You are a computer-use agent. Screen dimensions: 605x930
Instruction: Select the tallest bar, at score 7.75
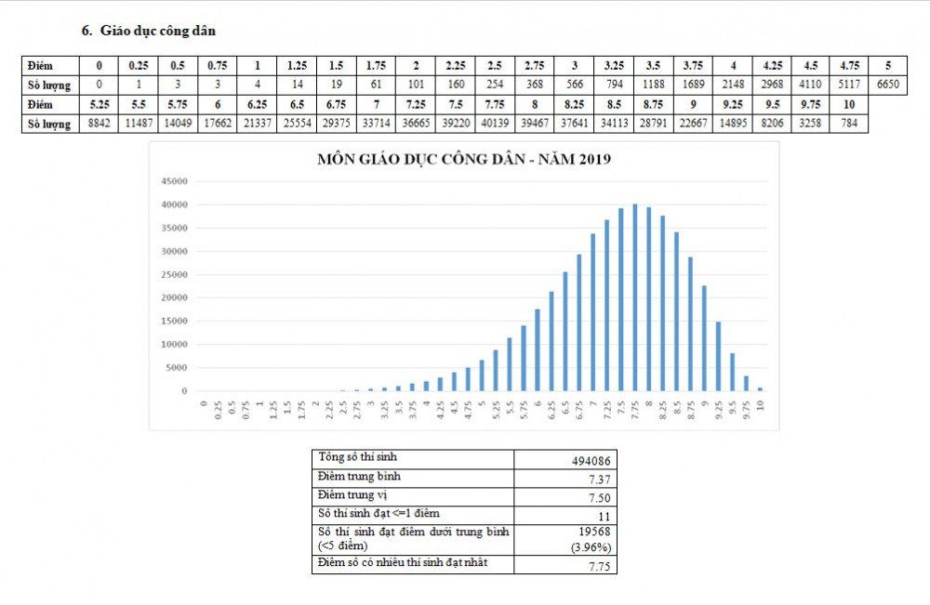634,297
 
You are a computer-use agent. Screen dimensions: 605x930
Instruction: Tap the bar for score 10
760,388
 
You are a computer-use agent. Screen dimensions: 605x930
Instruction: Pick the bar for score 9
704,338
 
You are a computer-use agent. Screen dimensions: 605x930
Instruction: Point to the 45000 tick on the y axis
176,181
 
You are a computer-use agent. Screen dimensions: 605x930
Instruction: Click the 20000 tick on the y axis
176,297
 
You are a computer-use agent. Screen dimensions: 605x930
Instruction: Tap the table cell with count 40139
494,124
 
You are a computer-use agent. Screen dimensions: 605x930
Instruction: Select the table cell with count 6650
889,85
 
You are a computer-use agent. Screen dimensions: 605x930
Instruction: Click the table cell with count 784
849,124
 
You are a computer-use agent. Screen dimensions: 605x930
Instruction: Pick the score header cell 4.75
849,66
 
